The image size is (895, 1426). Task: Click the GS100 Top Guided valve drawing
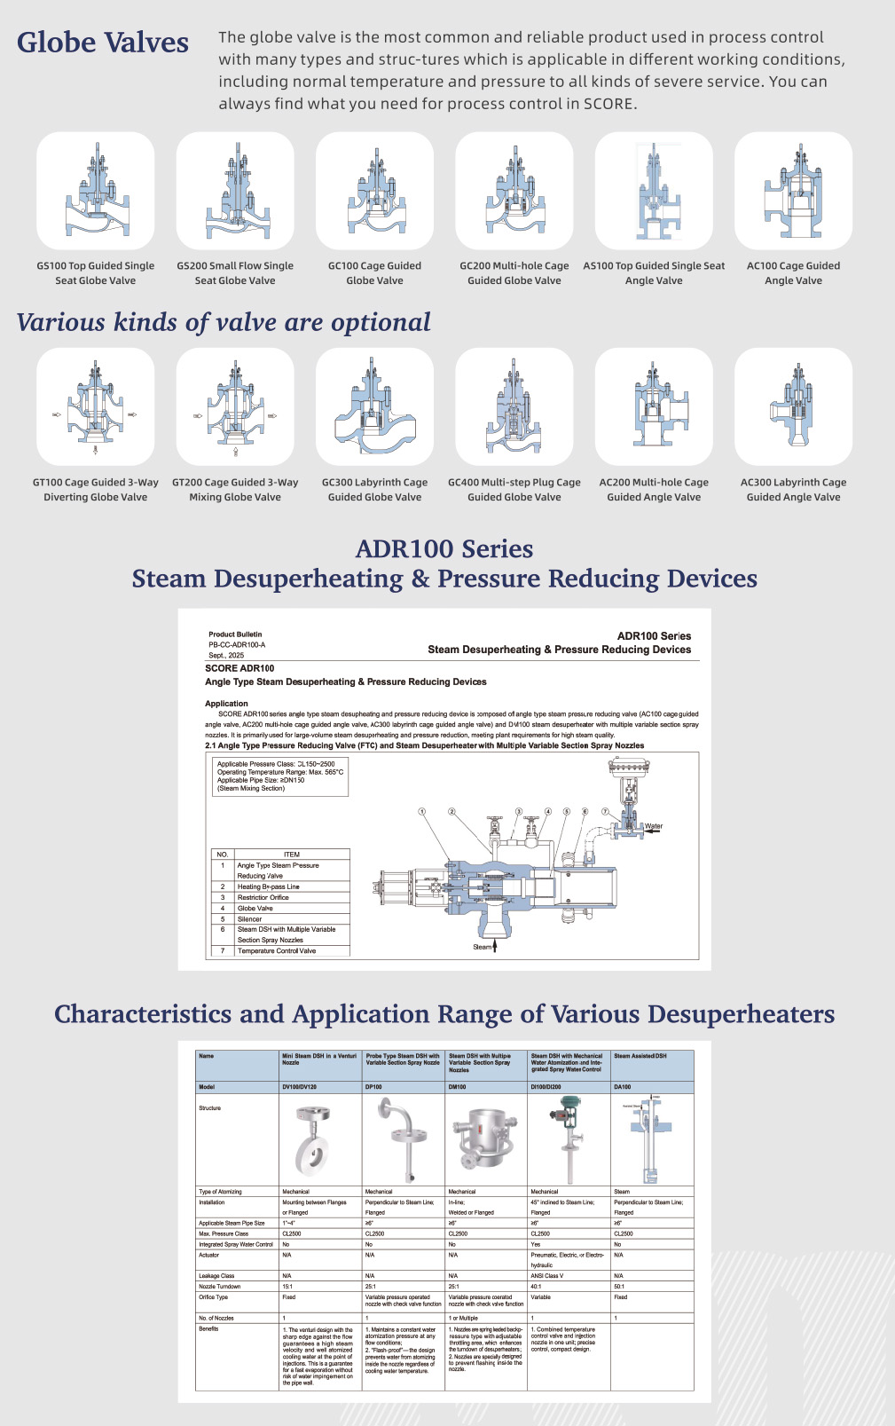[x=96, y=192]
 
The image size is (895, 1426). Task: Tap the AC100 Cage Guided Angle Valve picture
[x=793, y=192]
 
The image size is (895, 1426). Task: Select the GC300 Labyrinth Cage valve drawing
[x=374, y=407]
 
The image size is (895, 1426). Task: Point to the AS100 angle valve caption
[x=654, y=273]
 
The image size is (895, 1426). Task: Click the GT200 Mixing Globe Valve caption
[x=235, y=490]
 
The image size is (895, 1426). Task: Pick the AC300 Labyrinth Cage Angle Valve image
[x=793, y=407]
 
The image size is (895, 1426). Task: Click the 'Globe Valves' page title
[x=103, y=43]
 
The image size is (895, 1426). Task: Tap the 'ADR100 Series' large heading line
[x=444, y=549]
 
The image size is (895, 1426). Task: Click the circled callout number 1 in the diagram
[x=422, y=812]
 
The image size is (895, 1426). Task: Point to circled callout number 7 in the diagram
[x=605, y=812]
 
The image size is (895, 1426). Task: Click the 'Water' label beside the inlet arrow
[x=654, y=826]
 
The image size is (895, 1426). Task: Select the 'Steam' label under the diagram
[x=483, y=947]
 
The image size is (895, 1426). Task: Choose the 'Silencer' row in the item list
[x=250, y=919]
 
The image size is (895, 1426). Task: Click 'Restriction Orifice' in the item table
[x=263, y=897]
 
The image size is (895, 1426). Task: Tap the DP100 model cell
[x=373, y=1087]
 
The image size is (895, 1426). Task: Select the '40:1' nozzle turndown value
[x=537, y=1287]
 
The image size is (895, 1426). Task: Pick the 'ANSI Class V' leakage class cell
[x=547, y=1276]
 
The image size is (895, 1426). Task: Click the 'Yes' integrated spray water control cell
[x=535, y=1244]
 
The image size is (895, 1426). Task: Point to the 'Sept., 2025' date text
[x=226, y=655]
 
